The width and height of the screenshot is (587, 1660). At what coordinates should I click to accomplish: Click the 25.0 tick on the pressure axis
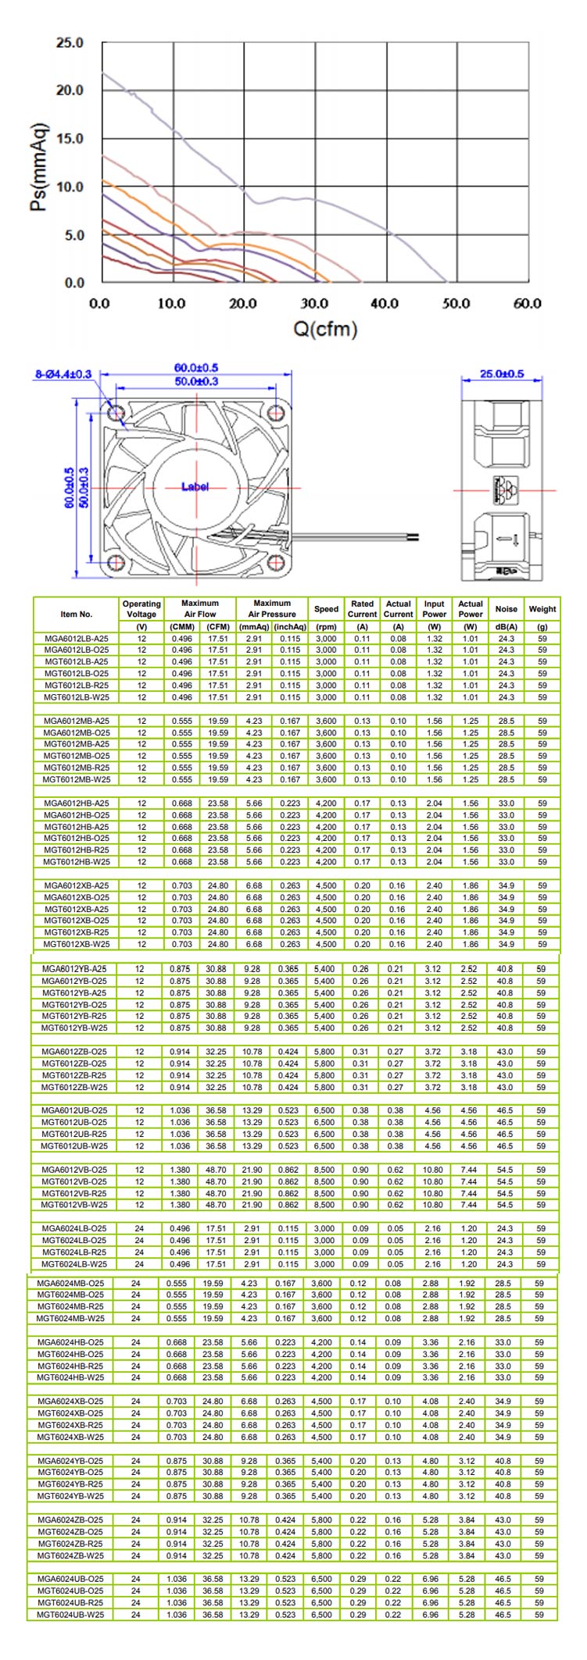(x=69, y=43)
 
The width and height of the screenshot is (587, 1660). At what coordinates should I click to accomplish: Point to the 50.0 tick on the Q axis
(x=455, y=303)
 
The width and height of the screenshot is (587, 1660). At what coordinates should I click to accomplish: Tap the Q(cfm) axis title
(x=325, y=328)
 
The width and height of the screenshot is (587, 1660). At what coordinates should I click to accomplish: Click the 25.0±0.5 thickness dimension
(x=502, y=374)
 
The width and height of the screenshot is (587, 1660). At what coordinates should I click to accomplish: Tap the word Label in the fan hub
(x=195, y=486)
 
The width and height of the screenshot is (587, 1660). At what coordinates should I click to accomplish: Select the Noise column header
(x=506, y=609)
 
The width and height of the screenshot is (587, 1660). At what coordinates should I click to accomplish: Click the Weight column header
(x=542, y=609)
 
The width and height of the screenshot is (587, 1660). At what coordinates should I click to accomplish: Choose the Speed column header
(x=326, y=609)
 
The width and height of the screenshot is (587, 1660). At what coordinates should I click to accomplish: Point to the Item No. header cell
(x=77, y=614)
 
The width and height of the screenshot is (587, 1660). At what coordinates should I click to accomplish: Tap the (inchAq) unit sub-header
(x=289, y=626)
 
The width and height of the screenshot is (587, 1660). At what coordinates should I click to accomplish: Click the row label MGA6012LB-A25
(x=77, y=639)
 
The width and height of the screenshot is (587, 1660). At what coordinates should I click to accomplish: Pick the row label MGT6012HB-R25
(x=77, y=850)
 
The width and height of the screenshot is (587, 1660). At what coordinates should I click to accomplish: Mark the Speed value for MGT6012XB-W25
(x=326, y=944)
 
